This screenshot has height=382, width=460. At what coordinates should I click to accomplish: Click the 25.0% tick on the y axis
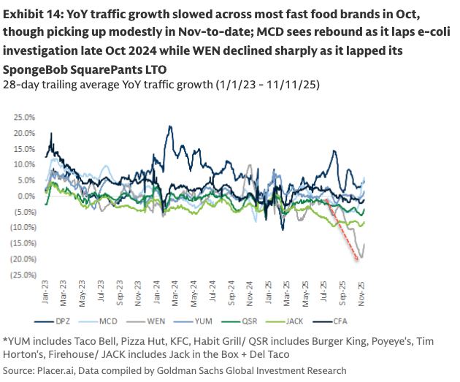(23, 117)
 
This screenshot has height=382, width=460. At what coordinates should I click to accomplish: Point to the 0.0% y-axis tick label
(26, 196)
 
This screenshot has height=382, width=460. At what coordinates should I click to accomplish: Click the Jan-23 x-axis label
(45, 294)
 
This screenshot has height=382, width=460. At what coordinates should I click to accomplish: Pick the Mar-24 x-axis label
(174, 294)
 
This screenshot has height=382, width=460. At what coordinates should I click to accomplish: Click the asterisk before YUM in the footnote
(5, 340)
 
